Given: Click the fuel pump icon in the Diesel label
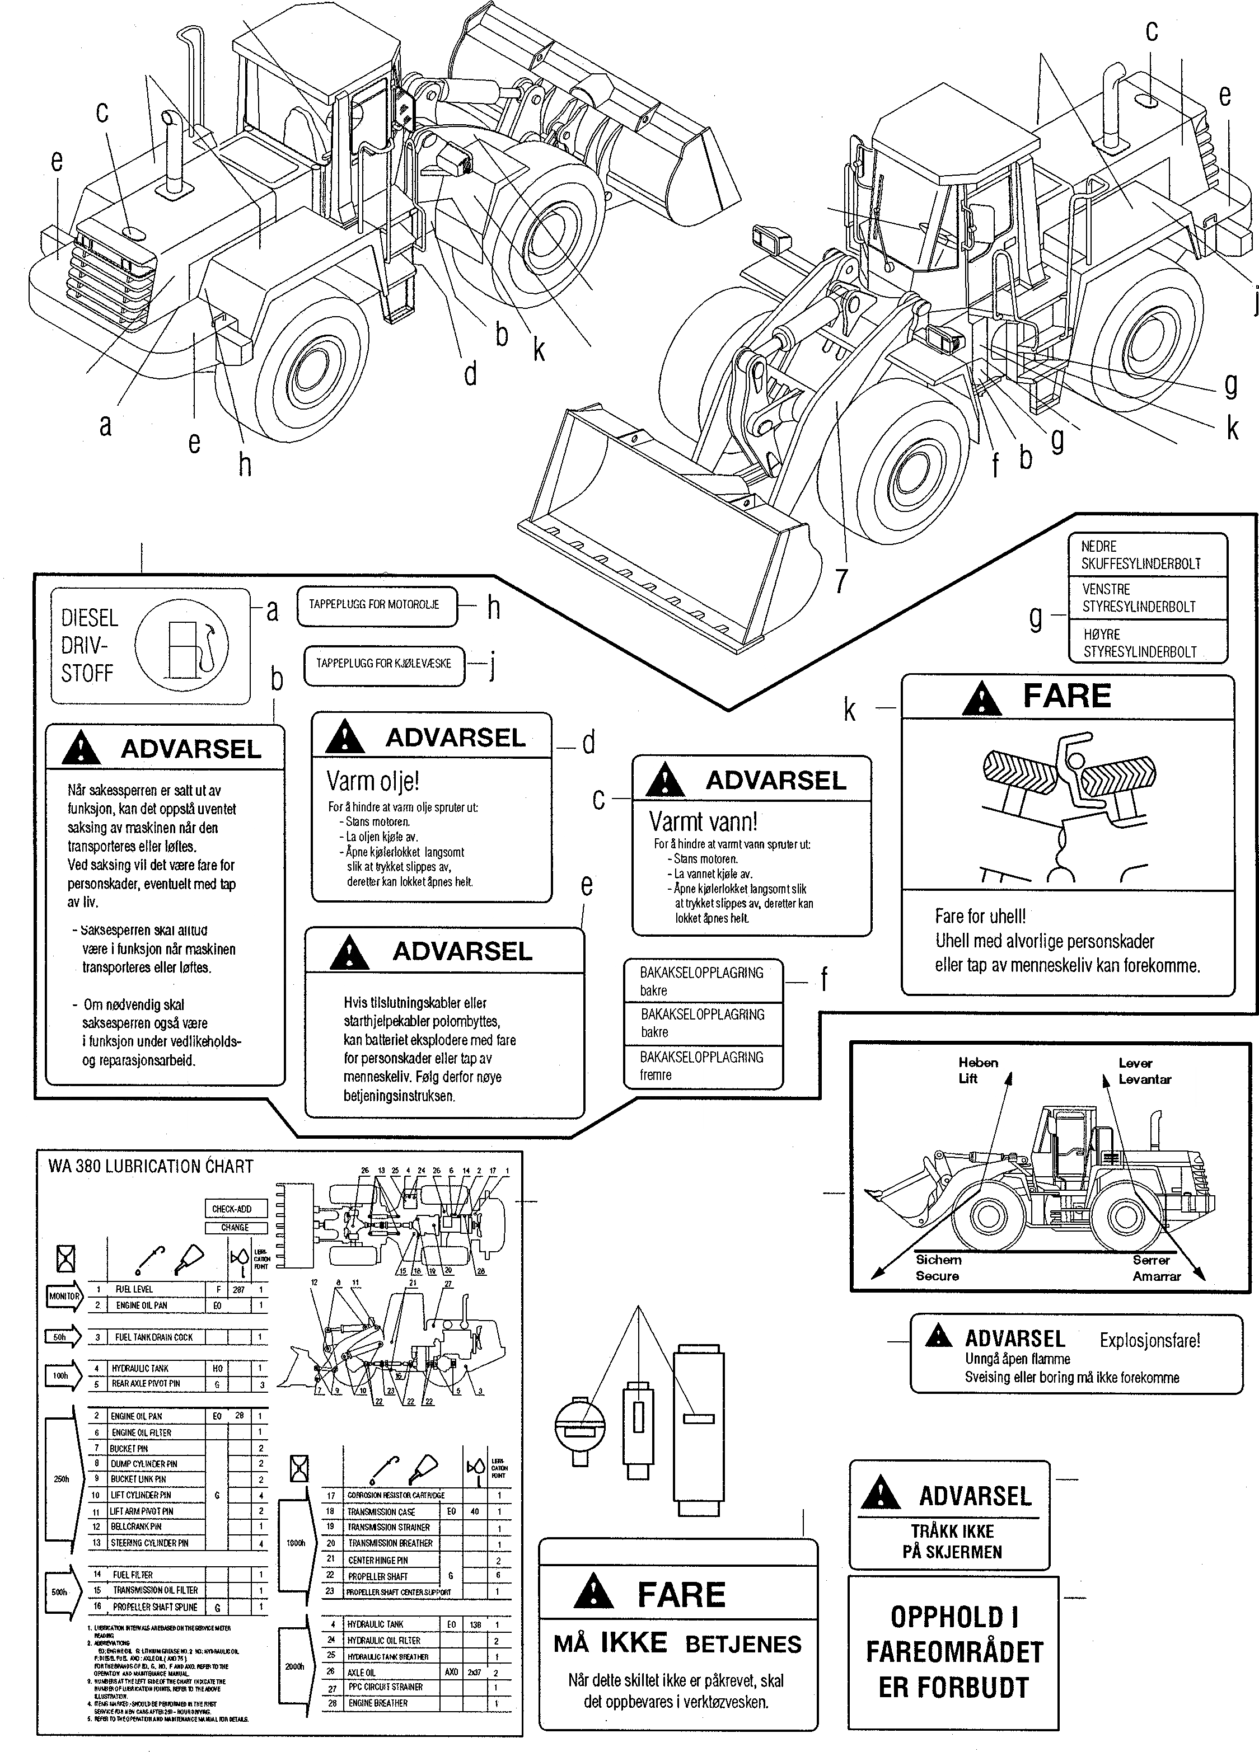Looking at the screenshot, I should point(181,645).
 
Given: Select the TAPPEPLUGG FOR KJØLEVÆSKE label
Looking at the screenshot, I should point(383,664).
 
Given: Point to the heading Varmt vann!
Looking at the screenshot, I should point(702,821).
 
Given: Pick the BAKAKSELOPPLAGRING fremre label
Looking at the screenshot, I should point(702,1066).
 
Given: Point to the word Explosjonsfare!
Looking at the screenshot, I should point(1149,1340).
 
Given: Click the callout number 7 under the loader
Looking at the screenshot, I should point(841,582).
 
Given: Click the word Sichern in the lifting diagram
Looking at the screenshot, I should point(938,1259).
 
